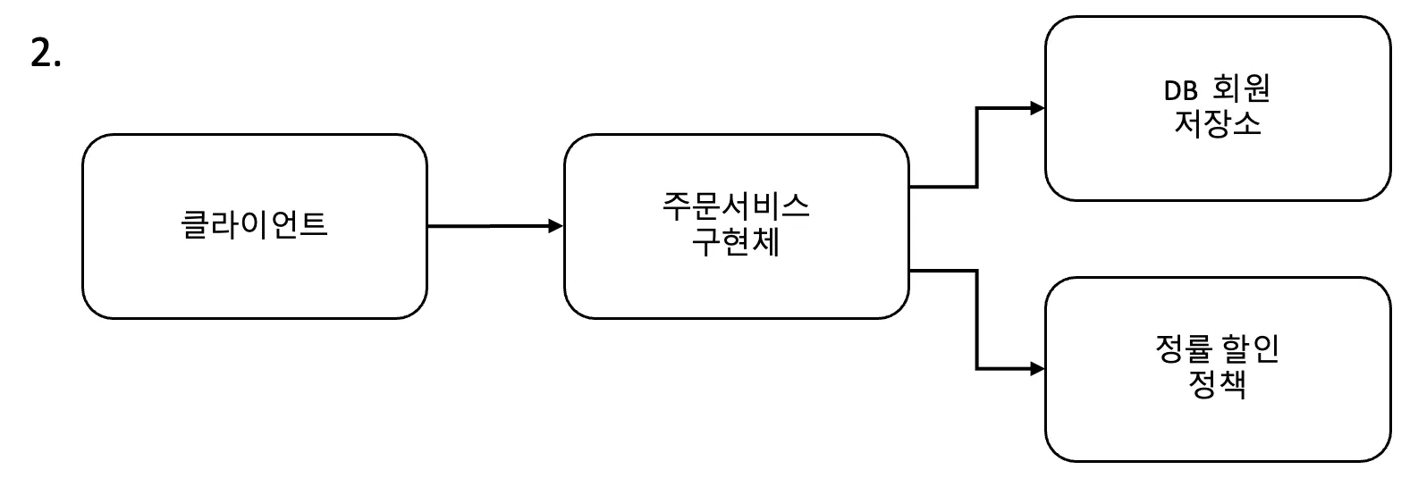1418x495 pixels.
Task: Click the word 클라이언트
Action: pyautogui.click(x=255, y=223)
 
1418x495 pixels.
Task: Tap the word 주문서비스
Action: pyautogui.click(x=736, y=206)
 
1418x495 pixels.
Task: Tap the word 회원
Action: pyautogui.click(x=1242, y=88)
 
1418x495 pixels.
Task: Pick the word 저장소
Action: pyautogui.click(x=1218, y=123)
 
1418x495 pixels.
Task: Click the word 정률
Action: pyautogui.click(x=1182, y=349)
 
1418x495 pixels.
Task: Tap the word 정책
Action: pyautogui.click(x=1218, y=385)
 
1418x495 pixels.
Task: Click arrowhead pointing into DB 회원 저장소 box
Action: pyautogui.click(x=1037, y=108)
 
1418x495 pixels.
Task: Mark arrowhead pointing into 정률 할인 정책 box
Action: pyautogui.click(x=1037, y=368)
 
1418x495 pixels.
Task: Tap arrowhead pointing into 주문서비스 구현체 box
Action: pyautogui.click(x=555, y=226)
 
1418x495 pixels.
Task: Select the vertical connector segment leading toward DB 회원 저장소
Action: pyautogui.click(x=976, y=147)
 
